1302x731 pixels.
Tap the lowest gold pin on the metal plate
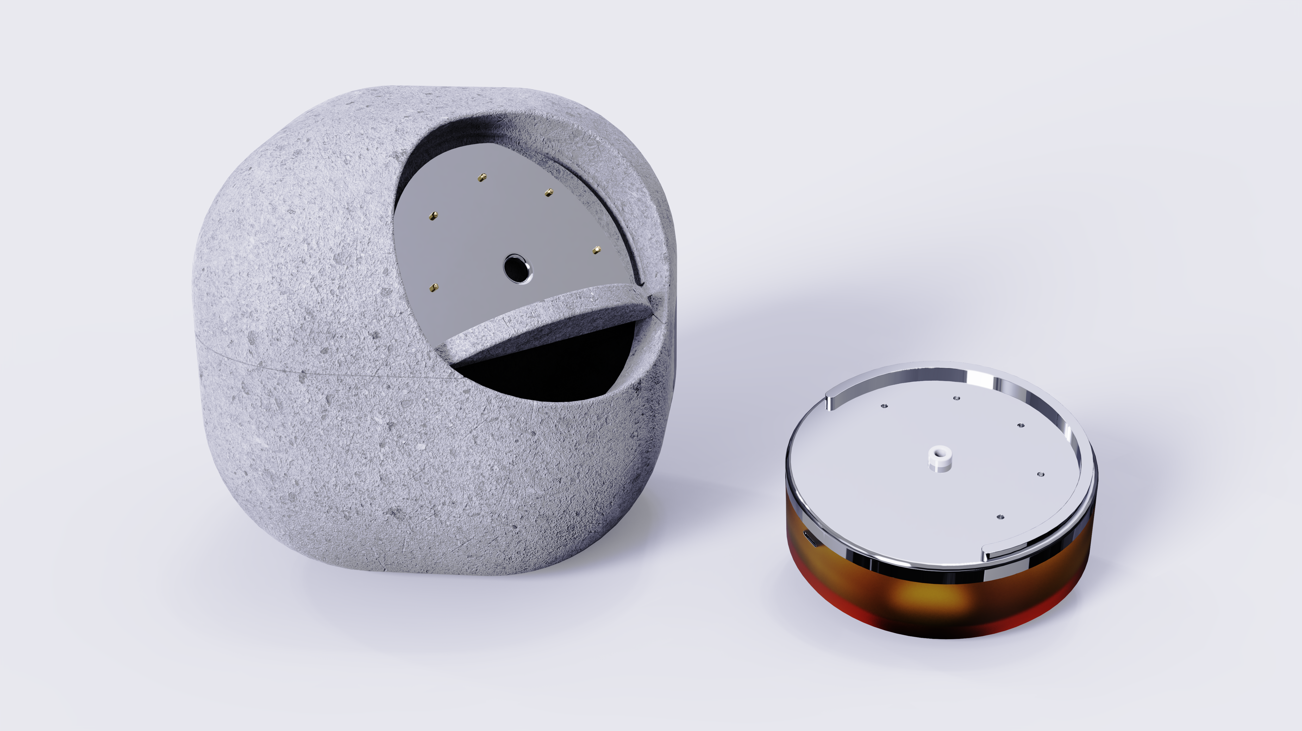point(433,288)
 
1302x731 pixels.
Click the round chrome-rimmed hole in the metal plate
point(518,268)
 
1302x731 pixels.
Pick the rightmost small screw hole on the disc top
point(1040,474)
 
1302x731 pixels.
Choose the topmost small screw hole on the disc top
point(956,398)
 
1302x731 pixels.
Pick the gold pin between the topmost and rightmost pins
point(548,193)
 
